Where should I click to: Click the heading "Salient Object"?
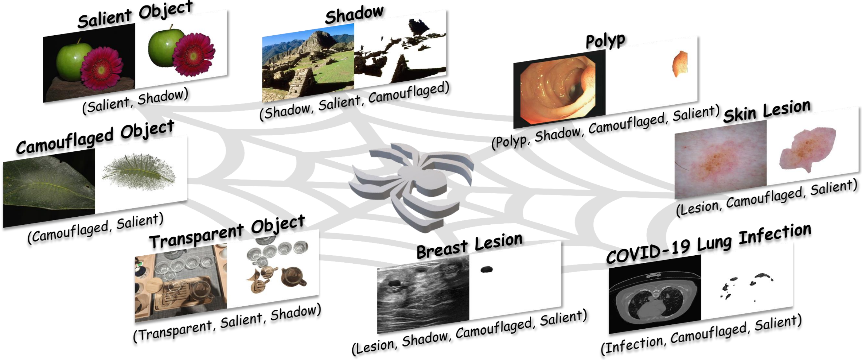click(x=135, y=15)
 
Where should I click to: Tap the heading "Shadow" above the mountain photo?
click(x=354, y=15)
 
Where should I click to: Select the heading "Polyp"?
click(x=605, y=41)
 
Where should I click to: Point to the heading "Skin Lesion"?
click(x=767, y=111)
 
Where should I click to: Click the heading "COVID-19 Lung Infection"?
click(x=708, y=244)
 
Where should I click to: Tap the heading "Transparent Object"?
click(x=227, y=232)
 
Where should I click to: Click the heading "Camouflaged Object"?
click(x=96, y=137)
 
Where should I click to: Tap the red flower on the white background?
click(x=194, y=53)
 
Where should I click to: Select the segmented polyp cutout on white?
click(x=680, y=64)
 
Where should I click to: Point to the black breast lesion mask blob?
click(x=486, y=269)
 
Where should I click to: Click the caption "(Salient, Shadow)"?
click(x=135, y=101)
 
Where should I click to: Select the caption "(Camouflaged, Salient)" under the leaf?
click(x=96, y=227)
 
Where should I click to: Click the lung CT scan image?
click(x=654, y=294)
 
